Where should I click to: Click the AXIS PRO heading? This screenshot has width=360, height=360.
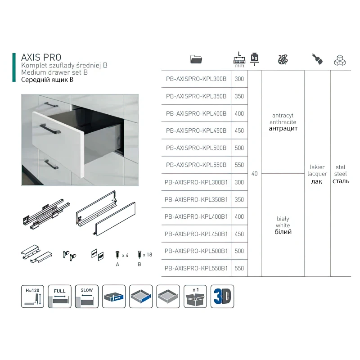[x=41, y=57]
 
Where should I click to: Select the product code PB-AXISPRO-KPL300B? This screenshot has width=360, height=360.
[x=196, y=79]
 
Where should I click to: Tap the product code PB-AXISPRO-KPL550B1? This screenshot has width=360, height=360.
[x=196, y=268]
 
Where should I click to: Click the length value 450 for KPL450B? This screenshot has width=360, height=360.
[x=239, y=130]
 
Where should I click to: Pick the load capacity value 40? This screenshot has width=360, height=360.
[x=255, y=174]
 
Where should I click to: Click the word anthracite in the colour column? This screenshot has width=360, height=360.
[x=283, y=122]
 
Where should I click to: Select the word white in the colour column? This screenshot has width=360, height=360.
[x=283, y=225]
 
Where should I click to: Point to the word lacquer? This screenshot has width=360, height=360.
[x=317, y=174]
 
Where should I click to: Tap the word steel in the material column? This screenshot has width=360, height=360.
[x=341, y=174]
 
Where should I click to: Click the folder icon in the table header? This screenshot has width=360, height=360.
[x=197, y=59]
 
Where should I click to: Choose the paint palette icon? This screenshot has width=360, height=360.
[x=283, y=59]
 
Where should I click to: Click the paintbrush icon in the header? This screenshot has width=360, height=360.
[x=317, y=58]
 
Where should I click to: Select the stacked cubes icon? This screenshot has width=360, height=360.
[x=340, y=59]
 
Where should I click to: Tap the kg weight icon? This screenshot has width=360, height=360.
[x=255, y=58]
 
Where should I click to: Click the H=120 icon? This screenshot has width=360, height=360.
[x=33, y=296]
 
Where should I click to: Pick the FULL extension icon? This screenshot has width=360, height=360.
[x=60, y=296]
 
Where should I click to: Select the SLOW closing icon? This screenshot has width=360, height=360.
[x=87, y=296]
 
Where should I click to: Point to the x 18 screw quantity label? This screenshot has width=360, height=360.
[x=147, y=255]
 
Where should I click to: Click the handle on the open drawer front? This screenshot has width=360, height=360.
[x=49, y=128]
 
